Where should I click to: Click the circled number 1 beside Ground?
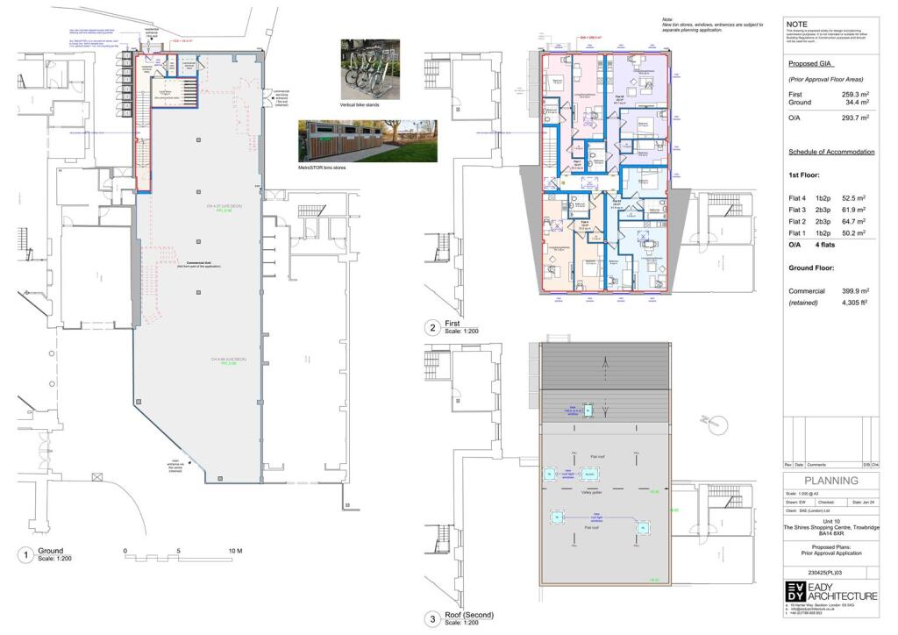26,554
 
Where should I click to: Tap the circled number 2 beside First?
431,329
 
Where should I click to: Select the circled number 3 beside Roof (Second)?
431,620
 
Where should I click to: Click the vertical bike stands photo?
369,68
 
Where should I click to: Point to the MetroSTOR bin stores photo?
367,141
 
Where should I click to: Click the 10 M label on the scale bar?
235,551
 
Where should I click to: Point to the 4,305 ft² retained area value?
850,303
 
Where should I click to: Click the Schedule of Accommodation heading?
830,152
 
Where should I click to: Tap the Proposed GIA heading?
810,65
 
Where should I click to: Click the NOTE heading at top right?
798,24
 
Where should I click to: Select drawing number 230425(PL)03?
830,571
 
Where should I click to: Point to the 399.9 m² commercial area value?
850,290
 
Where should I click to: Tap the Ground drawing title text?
51,550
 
